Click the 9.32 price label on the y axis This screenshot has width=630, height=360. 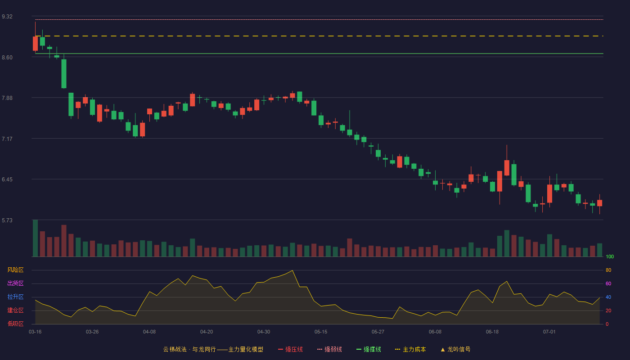coord(7,17)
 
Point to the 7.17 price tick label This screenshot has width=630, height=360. coord(7,139)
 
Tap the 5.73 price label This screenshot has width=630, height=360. coord(7,220)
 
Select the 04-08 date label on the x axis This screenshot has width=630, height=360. coord(149,332)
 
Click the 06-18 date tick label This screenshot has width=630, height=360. coord(492,332)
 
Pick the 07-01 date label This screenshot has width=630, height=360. coord(549,332)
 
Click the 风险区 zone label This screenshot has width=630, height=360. coord(15,270)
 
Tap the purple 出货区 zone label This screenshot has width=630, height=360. coord(15,283)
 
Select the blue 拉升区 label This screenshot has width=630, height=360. coord(15,297)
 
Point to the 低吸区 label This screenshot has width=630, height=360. coord(15,324)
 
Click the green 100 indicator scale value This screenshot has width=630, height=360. coord(610,256)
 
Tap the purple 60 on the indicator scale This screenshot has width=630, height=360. coord(608,283)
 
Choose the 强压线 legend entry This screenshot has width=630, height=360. coord(290,349)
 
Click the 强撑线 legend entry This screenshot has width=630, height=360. coord(369,349)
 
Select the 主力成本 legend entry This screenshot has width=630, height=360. coord(410,349)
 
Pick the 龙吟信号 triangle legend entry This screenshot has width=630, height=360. coord(455,349)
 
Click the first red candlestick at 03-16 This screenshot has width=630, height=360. coord(35,43)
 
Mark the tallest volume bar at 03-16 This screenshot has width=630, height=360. coord(35,238)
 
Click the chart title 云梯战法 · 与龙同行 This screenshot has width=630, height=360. coord(189,349)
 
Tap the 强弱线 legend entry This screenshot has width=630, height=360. coord(329,349)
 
